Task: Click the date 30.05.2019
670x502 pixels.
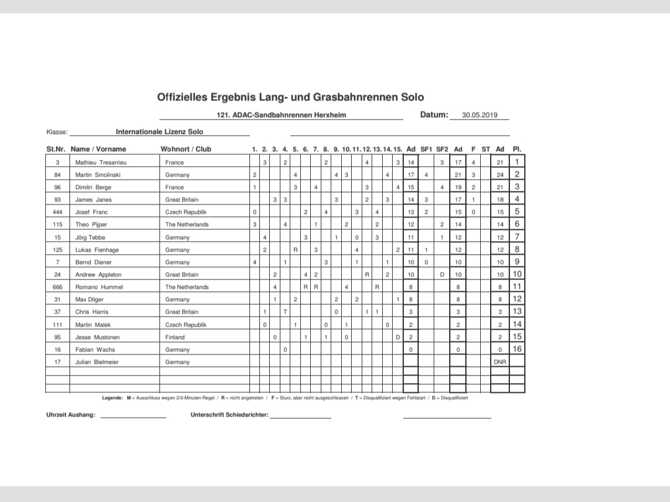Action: pos(480,115)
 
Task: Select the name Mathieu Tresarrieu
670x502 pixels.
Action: pos(101,162)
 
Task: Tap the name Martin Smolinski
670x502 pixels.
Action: pos(98,175)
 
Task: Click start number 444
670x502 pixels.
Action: pos(57,212)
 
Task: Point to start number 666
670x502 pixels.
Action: pos(57,287)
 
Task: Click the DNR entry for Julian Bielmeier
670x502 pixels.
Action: pos(500,362)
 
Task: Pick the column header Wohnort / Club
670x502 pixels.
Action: pos(185,149)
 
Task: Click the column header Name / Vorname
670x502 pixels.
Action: pos(98,149)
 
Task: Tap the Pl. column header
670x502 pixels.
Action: pos(517,149)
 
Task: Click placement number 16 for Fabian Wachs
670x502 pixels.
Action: pos(517,350)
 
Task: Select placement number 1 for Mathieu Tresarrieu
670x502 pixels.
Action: pos(517,162)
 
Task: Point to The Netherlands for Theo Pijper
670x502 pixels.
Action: pos(187,224)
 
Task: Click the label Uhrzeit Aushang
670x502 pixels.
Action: pos(71,415)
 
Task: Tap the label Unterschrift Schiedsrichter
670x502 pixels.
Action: pos(230,415)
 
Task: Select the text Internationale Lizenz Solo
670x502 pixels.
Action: pos(159,131)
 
